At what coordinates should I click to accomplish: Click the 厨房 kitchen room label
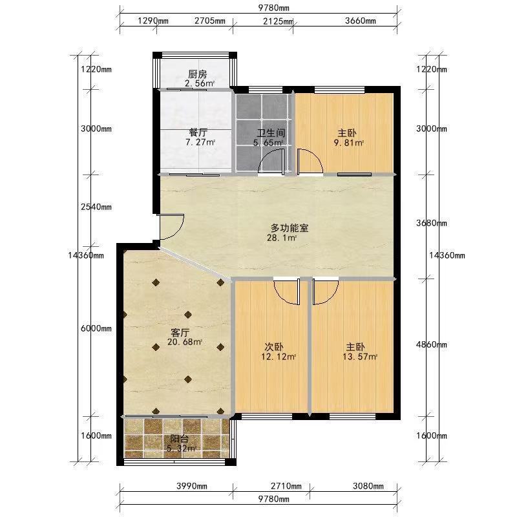198,74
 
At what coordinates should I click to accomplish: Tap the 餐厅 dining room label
198,132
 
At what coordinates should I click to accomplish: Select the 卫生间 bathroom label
271,133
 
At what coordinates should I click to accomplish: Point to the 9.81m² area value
348,143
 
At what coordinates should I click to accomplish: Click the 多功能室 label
290,228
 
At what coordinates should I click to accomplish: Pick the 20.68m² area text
185,342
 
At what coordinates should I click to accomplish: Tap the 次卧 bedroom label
274,347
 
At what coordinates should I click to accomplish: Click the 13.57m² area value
360,357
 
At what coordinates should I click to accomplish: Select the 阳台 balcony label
180,439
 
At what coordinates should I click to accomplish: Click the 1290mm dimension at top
153,21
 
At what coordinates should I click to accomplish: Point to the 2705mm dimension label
210,21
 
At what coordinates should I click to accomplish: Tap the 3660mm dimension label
361,21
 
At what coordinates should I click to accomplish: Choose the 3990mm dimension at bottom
192,486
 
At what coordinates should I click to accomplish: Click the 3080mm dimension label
368,486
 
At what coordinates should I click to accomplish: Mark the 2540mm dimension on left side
96,207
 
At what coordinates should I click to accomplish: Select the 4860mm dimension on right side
432,344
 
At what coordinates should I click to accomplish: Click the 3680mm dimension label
432,223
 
